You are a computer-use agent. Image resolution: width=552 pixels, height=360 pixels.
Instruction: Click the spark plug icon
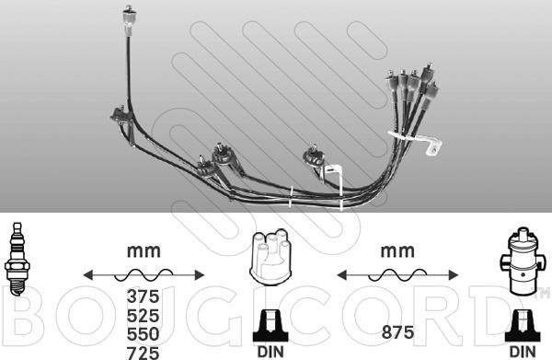point(17,259)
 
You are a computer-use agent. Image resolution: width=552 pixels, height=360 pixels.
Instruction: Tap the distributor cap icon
point(270,255)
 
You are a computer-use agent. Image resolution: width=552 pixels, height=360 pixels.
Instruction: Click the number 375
point(143,296)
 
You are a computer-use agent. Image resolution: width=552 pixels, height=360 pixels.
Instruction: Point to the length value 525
point(143,315)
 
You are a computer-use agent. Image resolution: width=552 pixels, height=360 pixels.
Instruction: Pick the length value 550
point(143,333)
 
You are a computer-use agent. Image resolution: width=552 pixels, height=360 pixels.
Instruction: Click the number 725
point(143,353)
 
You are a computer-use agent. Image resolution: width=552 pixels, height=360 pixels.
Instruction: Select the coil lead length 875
point(397,331)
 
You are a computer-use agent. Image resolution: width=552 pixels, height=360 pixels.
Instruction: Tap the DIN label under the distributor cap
point(270,352)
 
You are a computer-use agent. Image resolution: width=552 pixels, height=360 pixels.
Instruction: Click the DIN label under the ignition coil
point(523,352)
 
